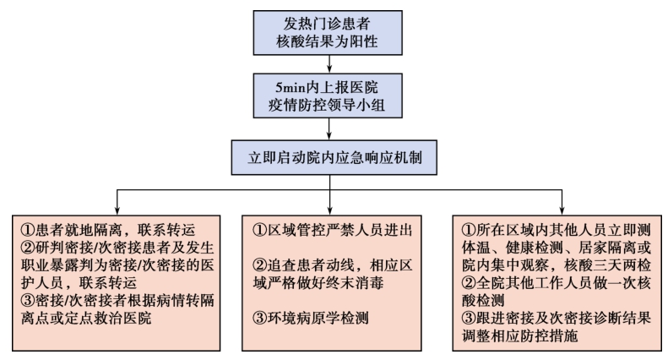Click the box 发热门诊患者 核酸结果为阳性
pyautogui.click(x=328, y=33)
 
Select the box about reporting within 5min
pyautogui.click(x=328, y=95)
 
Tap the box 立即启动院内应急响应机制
pyautogui.click(x=334, y=157)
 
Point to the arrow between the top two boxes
pyautogui.click(x=329, y=64)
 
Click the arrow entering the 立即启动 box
pyautogui.click(x=329, y=128)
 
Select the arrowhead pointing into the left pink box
pyautogui.click(x=117, y=210)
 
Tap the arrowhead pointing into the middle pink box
pyautogui.click(x=329, y=210)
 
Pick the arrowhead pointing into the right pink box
pyautogui.click(x=562, y=210)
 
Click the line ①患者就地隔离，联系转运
pyautogui.click(x=108, y=231)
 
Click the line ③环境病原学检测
pyautogui.click(x=311, y=318)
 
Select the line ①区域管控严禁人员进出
pyautogui.click(x=332, y=231)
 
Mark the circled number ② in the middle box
pyautogui.click(x=259, y=265)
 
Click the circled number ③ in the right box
pyautogui.click(x=469, y=318)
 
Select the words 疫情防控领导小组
pyautogui.click(x=327, y=105)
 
